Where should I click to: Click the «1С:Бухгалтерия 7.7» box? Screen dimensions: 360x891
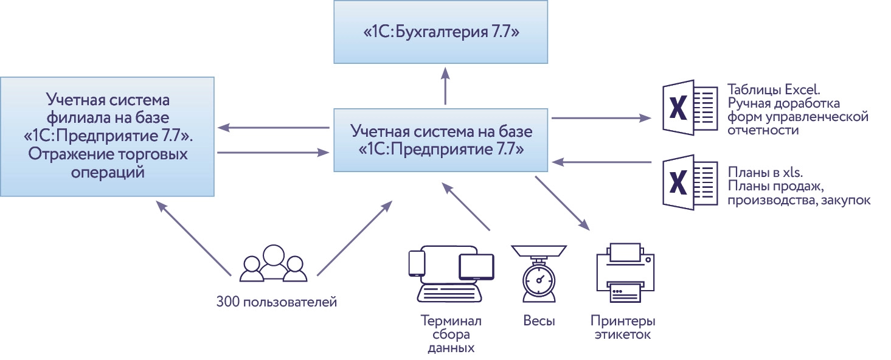[x=440, y=32]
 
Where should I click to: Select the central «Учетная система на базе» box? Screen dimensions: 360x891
[x=440, y=140]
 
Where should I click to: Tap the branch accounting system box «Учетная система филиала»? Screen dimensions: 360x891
[x=107, y=136]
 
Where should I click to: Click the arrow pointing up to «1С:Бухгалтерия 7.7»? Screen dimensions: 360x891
[x=445, y=85]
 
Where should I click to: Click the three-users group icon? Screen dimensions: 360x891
[x=272, y=264]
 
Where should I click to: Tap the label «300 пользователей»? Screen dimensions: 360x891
[x=276, y=301]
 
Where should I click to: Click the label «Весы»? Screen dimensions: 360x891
[x=539, y=320]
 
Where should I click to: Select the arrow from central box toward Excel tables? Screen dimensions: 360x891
[x=599, y=118]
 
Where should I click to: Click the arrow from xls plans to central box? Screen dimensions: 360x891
[x=602, y=162]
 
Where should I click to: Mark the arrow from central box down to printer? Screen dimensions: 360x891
[x=563, y=203]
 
